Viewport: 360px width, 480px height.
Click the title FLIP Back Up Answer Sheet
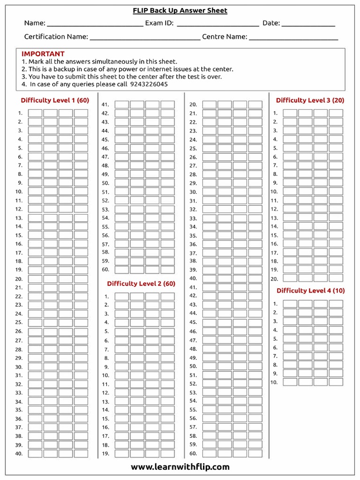point(180,11)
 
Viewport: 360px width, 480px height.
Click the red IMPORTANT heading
point(43,54)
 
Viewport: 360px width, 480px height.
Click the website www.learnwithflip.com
point(180,467)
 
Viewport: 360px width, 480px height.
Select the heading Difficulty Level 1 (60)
point(55,100)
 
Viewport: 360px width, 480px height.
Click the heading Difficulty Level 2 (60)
point(141,284)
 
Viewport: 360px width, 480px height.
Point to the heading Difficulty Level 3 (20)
point(310,100)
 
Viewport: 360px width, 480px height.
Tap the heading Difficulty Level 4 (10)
point(310,291)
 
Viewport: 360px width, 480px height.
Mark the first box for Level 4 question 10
point(290,382)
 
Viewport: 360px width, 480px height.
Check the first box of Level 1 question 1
point(35,113)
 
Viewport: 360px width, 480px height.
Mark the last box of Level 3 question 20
point(336,278)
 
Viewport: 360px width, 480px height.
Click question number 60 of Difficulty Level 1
point(105,270)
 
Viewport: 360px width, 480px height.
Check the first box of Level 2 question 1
point(122,296)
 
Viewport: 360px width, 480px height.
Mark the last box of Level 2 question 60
point(255,453)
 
